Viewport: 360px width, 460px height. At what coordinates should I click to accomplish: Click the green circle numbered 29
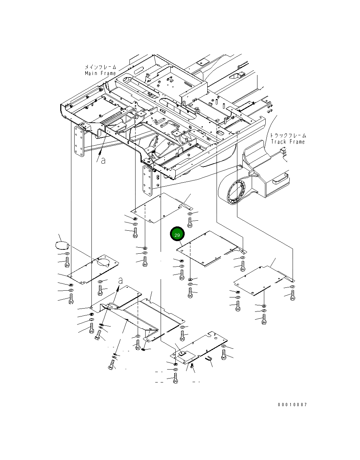point(177,234)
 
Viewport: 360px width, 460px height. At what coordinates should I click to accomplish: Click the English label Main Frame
point(100,73)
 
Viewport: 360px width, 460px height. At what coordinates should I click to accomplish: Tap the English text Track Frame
point(288,142)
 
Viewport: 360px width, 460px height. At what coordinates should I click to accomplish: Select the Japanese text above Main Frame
point(100,67)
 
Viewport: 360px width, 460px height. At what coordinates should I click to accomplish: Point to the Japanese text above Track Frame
point(288,135)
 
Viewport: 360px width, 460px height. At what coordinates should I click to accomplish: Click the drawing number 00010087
point(292,404)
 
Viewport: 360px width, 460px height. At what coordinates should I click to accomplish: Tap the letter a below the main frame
point(103,161)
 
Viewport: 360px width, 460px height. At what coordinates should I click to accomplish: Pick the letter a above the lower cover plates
point(120,281)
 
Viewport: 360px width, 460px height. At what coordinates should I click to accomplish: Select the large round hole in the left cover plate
point(103,263)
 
